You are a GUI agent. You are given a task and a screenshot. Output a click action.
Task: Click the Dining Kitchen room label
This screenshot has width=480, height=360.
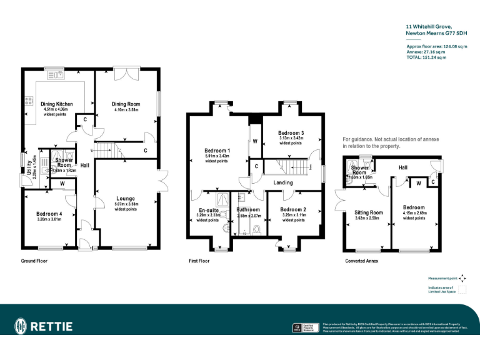click(57, 104)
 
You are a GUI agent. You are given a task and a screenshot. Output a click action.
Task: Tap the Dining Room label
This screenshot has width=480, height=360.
click(126, 104)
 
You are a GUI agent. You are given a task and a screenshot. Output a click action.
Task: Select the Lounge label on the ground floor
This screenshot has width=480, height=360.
click(126, 199)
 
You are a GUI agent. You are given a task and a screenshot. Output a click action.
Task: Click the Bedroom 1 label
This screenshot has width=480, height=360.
click(217, 151)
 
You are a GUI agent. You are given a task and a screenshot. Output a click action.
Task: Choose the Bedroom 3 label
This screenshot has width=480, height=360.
click(291, 133)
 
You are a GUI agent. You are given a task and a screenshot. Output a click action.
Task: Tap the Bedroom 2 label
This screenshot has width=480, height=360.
click(292, 209)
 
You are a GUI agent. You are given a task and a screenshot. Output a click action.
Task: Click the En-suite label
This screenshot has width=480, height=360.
click(208, 211)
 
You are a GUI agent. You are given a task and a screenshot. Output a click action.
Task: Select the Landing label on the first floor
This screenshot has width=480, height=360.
click(283, 182)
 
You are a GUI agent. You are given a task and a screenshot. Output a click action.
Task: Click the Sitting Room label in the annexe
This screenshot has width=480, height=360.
click(367, 212)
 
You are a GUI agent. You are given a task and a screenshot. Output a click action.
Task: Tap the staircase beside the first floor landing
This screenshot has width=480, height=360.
click(289, 166)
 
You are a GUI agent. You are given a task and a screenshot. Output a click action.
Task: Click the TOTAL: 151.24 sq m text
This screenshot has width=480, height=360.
click(426, 57)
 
